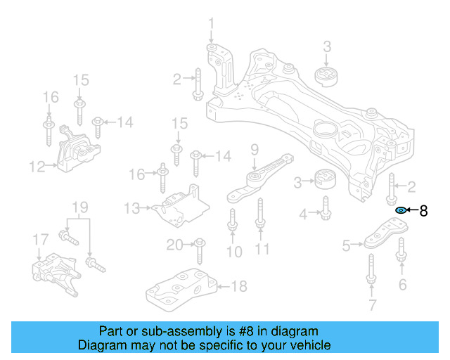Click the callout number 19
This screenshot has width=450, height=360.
(80, 207)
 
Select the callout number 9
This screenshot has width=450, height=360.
(255, 149)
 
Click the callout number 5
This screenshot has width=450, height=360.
(346, 245)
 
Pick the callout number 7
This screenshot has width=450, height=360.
(372, 304)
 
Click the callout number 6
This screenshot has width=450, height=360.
(402, 284)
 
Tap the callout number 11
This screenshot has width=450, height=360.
(262, 249)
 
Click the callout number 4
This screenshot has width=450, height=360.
(303, 213)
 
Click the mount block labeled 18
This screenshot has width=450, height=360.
(183, 288)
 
